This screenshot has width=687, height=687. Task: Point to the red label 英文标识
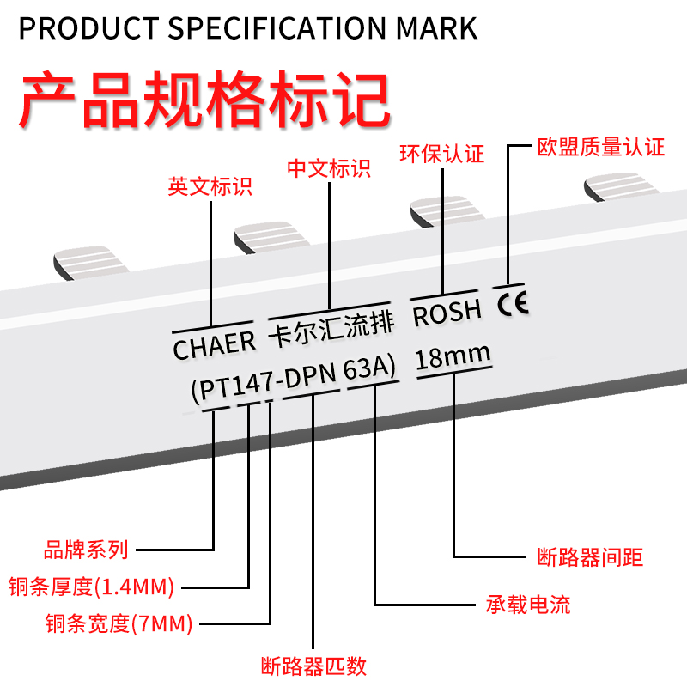pyautogui.click(x=210, y=186)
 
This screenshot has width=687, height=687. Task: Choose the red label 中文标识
pyautogui.click(x=329, y=167)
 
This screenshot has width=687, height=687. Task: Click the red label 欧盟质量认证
pyautogui.click(x=600, y=147)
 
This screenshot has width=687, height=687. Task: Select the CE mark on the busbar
pyautogui.click(x=513, y=302)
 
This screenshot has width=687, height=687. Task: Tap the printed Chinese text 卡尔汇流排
pyautogui.click(x=331, y=327)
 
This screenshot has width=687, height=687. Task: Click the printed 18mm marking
pyautogui.click(x=453, y=356)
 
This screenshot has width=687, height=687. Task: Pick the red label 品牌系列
pyautogui.click(x=85, y=549)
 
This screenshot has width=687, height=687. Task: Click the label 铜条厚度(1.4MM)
pyautogui.click(x=91, y=587)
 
